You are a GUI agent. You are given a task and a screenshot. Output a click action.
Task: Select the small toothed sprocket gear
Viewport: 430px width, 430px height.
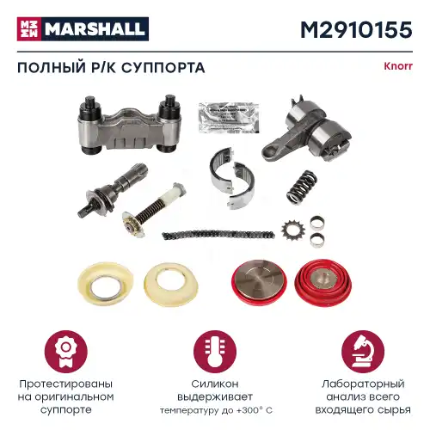coord(291,230)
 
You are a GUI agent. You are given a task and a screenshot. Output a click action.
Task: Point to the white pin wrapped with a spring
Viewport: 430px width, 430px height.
coord(167,207)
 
